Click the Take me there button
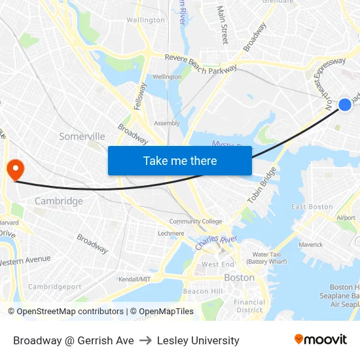point(179,160)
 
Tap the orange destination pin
point(14,170)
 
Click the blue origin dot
point(345,105)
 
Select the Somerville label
point(82,136)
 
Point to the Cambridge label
point(59,201)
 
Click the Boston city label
point(239,278)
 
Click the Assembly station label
point(166,123)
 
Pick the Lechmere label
point(171,233)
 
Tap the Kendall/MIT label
point(135,279)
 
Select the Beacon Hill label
point(203,291)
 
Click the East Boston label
point(312,207)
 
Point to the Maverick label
point(311,245)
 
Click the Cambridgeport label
point(55,286)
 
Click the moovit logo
point(320,339)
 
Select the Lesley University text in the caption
point(198,340)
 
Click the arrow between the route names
point(145,340)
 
